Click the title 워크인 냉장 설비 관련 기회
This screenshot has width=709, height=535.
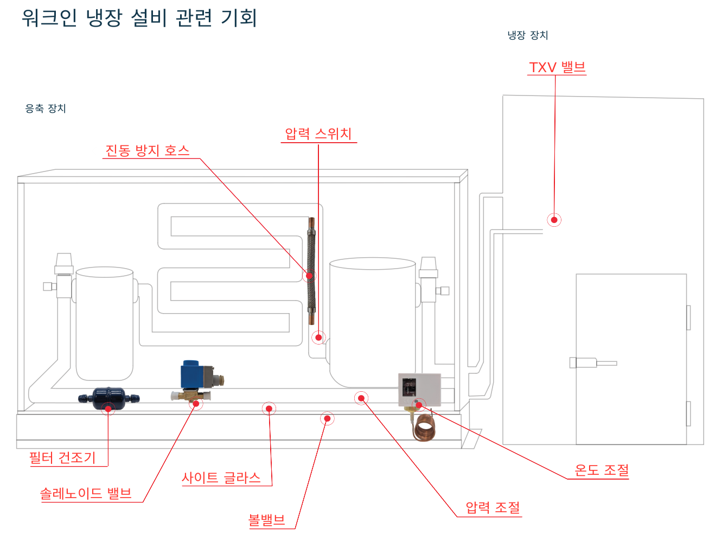139,17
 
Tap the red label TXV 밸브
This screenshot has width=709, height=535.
557,68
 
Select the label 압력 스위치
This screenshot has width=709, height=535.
318,134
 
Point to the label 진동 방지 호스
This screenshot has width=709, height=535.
147,150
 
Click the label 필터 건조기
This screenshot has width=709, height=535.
62,458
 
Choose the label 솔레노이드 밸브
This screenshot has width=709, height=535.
86,494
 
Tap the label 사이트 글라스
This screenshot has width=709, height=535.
221,478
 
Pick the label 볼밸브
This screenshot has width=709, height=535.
266,520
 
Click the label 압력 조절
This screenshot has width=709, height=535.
493,508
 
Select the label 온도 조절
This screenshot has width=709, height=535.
602,470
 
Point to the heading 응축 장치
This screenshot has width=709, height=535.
46,109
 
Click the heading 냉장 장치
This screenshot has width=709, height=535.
528,35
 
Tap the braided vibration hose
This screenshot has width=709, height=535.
311,271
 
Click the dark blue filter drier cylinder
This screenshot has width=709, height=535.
108,398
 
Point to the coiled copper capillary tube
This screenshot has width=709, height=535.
425,428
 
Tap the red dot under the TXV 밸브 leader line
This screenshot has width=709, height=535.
554,220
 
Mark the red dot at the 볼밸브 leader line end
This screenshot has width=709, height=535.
327,418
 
